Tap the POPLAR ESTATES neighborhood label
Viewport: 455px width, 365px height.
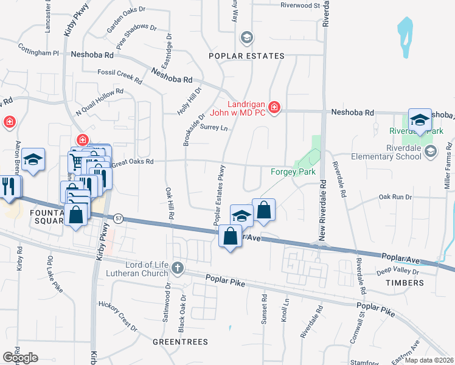(x=246, y=56)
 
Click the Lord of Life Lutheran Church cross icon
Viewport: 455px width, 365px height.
(x=177, y=267)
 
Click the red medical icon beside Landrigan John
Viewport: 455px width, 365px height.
(x=274, y=108)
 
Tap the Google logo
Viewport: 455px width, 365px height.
(x=19, y=358)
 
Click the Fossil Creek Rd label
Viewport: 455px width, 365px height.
(x=120, y=76)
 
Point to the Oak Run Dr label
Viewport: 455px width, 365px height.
(x=395, y=197)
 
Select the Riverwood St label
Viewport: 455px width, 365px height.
(x=300, y=5)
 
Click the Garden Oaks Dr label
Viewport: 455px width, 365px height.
(x=127, y=19)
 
